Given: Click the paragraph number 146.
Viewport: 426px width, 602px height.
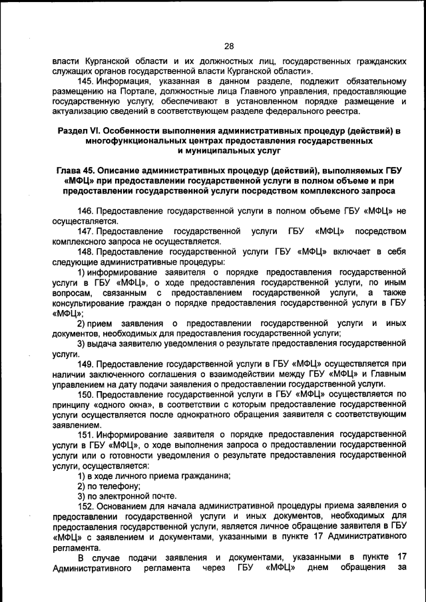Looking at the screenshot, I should pyautogui.click(x=87, y=210).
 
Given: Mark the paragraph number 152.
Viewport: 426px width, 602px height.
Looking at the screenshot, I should pyautogui.click(x=87, y=506).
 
